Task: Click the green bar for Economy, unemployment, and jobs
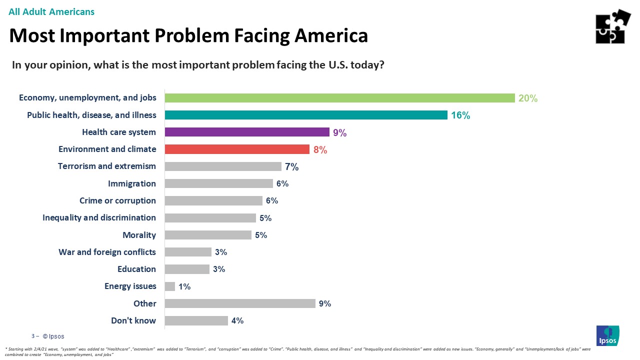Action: tap(339, 98)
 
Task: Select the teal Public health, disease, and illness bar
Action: tap(305, 115)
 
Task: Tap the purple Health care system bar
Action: tap(246, 132)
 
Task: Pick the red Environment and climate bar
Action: tap(237, 149)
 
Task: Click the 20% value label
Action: tap(527, 98)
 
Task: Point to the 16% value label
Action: tap(460, 115)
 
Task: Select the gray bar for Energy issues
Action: tap(170, 286)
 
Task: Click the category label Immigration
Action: tap(132, 183)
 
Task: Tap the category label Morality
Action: tap(139, 235)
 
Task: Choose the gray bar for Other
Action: tap(240, 303)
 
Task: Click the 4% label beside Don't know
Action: tap(237, 321)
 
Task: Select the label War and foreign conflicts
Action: tap(107, 252)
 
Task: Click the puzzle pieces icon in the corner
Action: tap(612, 26)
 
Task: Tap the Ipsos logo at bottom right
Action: tap(607, 335)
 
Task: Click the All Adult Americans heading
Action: tap(51, 11)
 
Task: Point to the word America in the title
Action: tap(330, 35)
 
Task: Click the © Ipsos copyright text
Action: tap(53, 336)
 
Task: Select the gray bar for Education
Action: tap(187, 269)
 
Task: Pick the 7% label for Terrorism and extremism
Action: tap(291, 167)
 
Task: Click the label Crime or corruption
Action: tap(117, 200)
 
